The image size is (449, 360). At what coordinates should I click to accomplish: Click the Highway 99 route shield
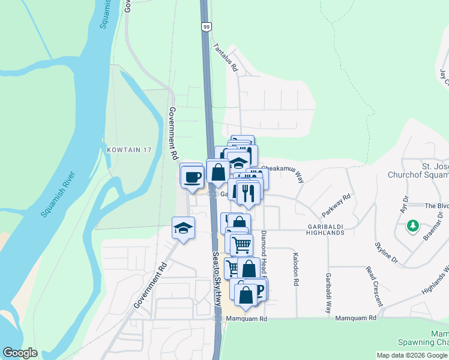point(206,27)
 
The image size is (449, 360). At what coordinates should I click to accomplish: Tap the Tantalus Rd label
point(226,58)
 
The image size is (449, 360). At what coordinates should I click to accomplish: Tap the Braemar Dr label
point(433,226)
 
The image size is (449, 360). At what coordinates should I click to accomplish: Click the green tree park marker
point(412,226)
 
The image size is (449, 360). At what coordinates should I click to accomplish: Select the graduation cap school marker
point(184,228)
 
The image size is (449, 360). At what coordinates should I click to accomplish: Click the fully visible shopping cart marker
point(241,244)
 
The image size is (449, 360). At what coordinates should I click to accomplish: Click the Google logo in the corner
point(20,353)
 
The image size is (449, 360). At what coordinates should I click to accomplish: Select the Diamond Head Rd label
point(263,252)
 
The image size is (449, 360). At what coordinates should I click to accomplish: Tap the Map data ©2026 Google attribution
point(411,355)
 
